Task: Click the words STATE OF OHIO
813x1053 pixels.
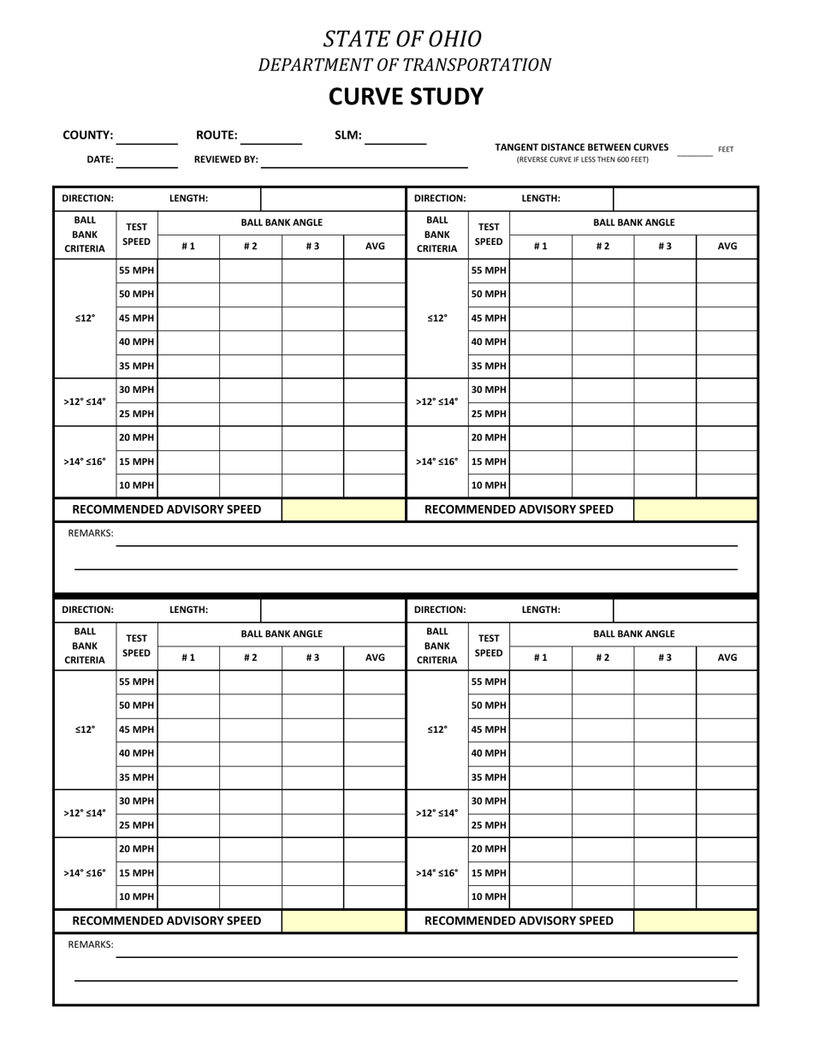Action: coord(401,39)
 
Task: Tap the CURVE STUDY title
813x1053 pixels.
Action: coord(406,97)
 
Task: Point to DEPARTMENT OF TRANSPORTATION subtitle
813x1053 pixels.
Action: coord(406,64)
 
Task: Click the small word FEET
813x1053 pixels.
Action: coord(726,149)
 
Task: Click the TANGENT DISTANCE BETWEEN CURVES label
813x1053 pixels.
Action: coord(582,147)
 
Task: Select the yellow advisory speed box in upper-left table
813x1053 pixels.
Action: coord(343,510)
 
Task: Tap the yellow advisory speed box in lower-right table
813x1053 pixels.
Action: coord(696,921)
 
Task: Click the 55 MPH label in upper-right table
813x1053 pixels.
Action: coord(489,271)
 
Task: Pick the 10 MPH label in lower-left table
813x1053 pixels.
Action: coord(137,897)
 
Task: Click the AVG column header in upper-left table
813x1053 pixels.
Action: coord(375,247)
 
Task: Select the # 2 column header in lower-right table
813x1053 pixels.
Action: coord(602,658)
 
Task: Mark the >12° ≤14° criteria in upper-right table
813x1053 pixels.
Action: coord(436,402)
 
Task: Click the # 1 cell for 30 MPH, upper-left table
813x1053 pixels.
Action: coord(189,390)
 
